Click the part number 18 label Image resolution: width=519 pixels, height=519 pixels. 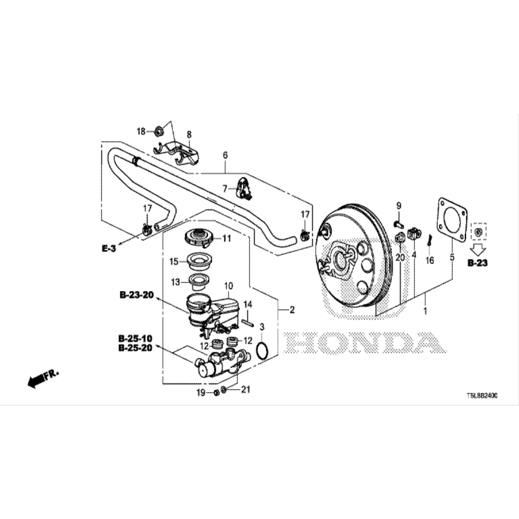pos(140,132)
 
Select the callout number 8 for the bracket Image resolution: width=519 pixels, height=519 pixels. pos(189,134)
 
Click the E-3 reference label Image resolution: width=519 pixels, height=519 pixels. pos(109,248)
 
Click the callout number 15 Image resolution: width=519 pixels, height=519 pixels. pos(174,262)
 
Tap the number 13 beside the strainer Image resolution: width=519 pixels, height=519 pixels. pos(175,281)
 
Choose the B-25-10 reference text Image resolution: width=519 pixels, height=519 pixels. pos(136,338)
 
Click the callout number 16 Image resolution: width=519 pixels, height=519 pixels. pos(430,261)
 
